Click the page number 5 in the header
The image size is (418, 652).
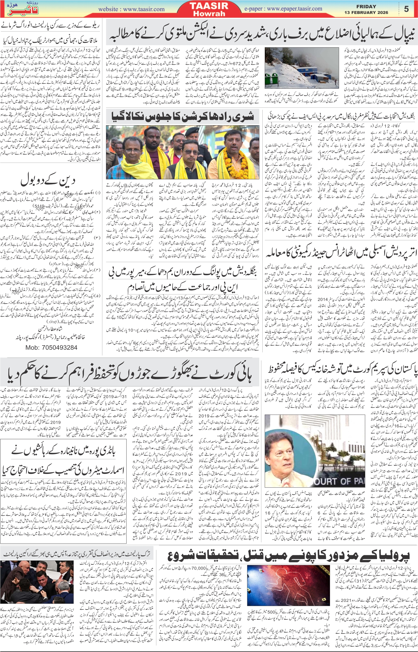point(406,9)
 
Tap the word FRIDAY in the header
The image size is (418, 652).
point(366,7)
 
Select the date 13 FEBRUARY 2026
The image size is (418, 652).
point(366,13)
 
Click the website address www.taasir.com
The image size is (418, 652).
point(131,9)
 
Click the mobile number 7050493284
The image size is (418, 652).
point(51,348)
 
